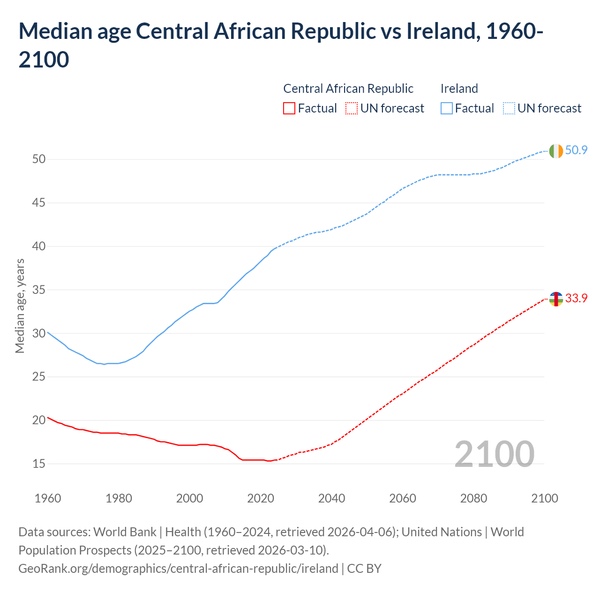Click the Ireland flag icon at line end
555,151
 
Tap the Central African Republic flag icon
555,299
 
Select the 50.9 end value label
576,150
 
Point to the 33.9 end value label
576,298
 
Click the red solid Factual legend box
289,108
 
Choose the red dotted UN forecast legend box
352,108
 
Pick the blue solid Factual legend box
447,108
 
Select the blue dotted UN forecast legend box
509,108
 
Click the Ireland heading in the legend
459,89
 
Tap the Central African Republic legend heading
348,89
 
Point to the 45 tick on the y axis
39,203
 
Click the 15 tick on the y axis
39,464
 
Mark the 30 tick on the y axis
39,333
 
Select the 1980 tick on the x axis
119,498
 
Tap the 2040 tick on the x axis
331,498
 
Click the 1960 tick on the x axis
48,498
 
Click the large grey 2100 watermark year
494,454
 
